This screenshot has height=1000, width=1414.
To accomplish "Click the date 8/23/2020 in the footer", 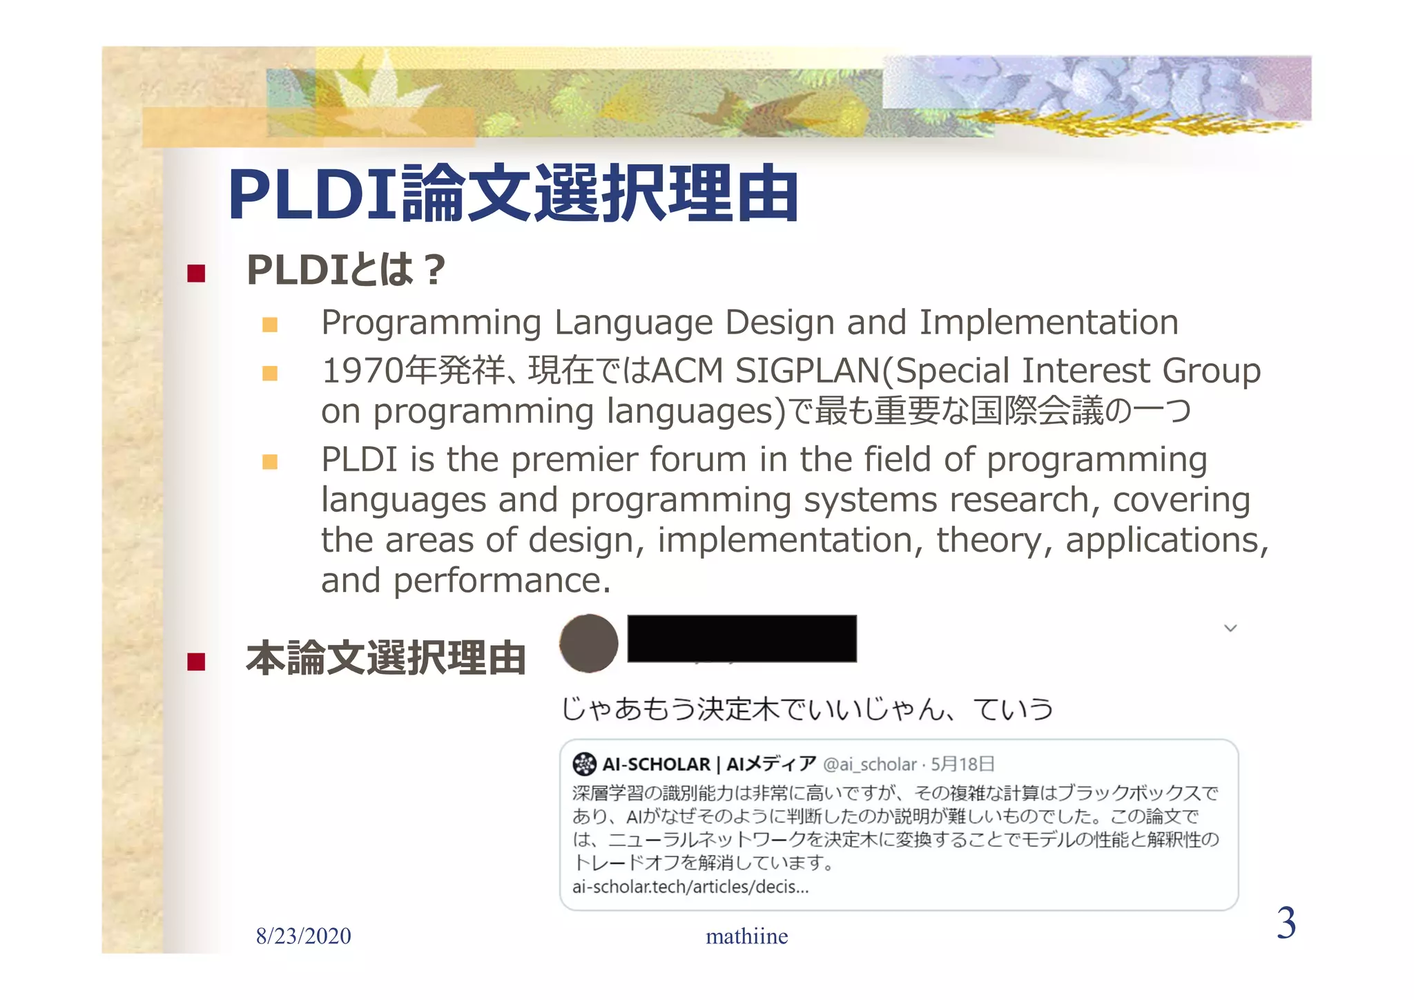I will (x=303, y=936).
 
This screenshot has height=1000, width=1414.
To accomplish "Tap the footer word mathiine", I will (x=746, y=936).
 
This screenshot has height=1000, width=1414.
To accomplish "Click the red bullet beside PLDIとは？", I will (x=196, y=273).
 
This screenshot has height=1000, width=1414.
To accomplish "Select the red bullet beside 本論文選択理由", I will (x=196, y=662).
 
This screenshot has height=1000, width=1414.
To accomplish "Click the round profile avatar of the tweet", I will (x=588, y=643).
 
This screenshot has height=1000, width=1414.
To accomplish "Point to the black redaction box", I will (x=742, y=639).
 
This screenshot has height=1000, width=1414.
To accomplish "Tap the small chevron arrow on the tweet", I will (x=1230, y=628).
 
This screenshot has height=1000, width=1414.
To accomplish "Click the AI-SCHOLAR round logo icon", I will (x=584, y=764).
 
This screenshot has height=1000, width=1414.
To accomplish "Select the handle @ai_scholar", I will (x=869, y=765).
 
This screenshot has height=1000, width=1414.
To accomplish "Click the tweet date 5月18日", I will (x=962, y=764).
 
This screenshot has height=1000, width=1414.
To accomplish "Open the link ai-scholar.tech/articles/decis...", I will (x=690, y=887).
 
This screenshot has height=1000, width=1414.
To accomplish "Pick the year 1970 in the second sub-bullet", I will (x=362, y=371).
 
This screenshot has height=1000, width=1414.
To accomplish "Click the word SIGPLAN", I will (x=807, y=371).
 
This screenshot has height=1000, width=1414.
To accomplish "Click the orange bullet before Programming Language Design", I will (x=270, y=325).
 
